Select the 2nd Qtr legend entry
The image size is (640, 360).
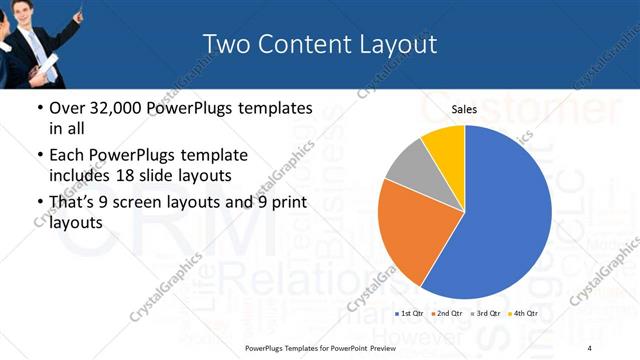coord(447,313)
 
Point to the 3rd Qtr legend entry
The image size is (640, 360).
coord(486,313)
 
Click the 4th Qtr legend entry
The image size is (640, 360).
coord(523,313)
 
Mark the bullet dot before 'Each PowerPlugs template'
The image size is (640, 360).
coord(38,156)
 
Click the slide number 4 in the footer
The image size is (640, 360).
coord(589,347)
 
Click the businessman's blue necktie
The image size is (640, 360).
coord(42,42)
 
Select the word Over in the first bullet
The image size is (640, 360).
coord(67,108)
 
